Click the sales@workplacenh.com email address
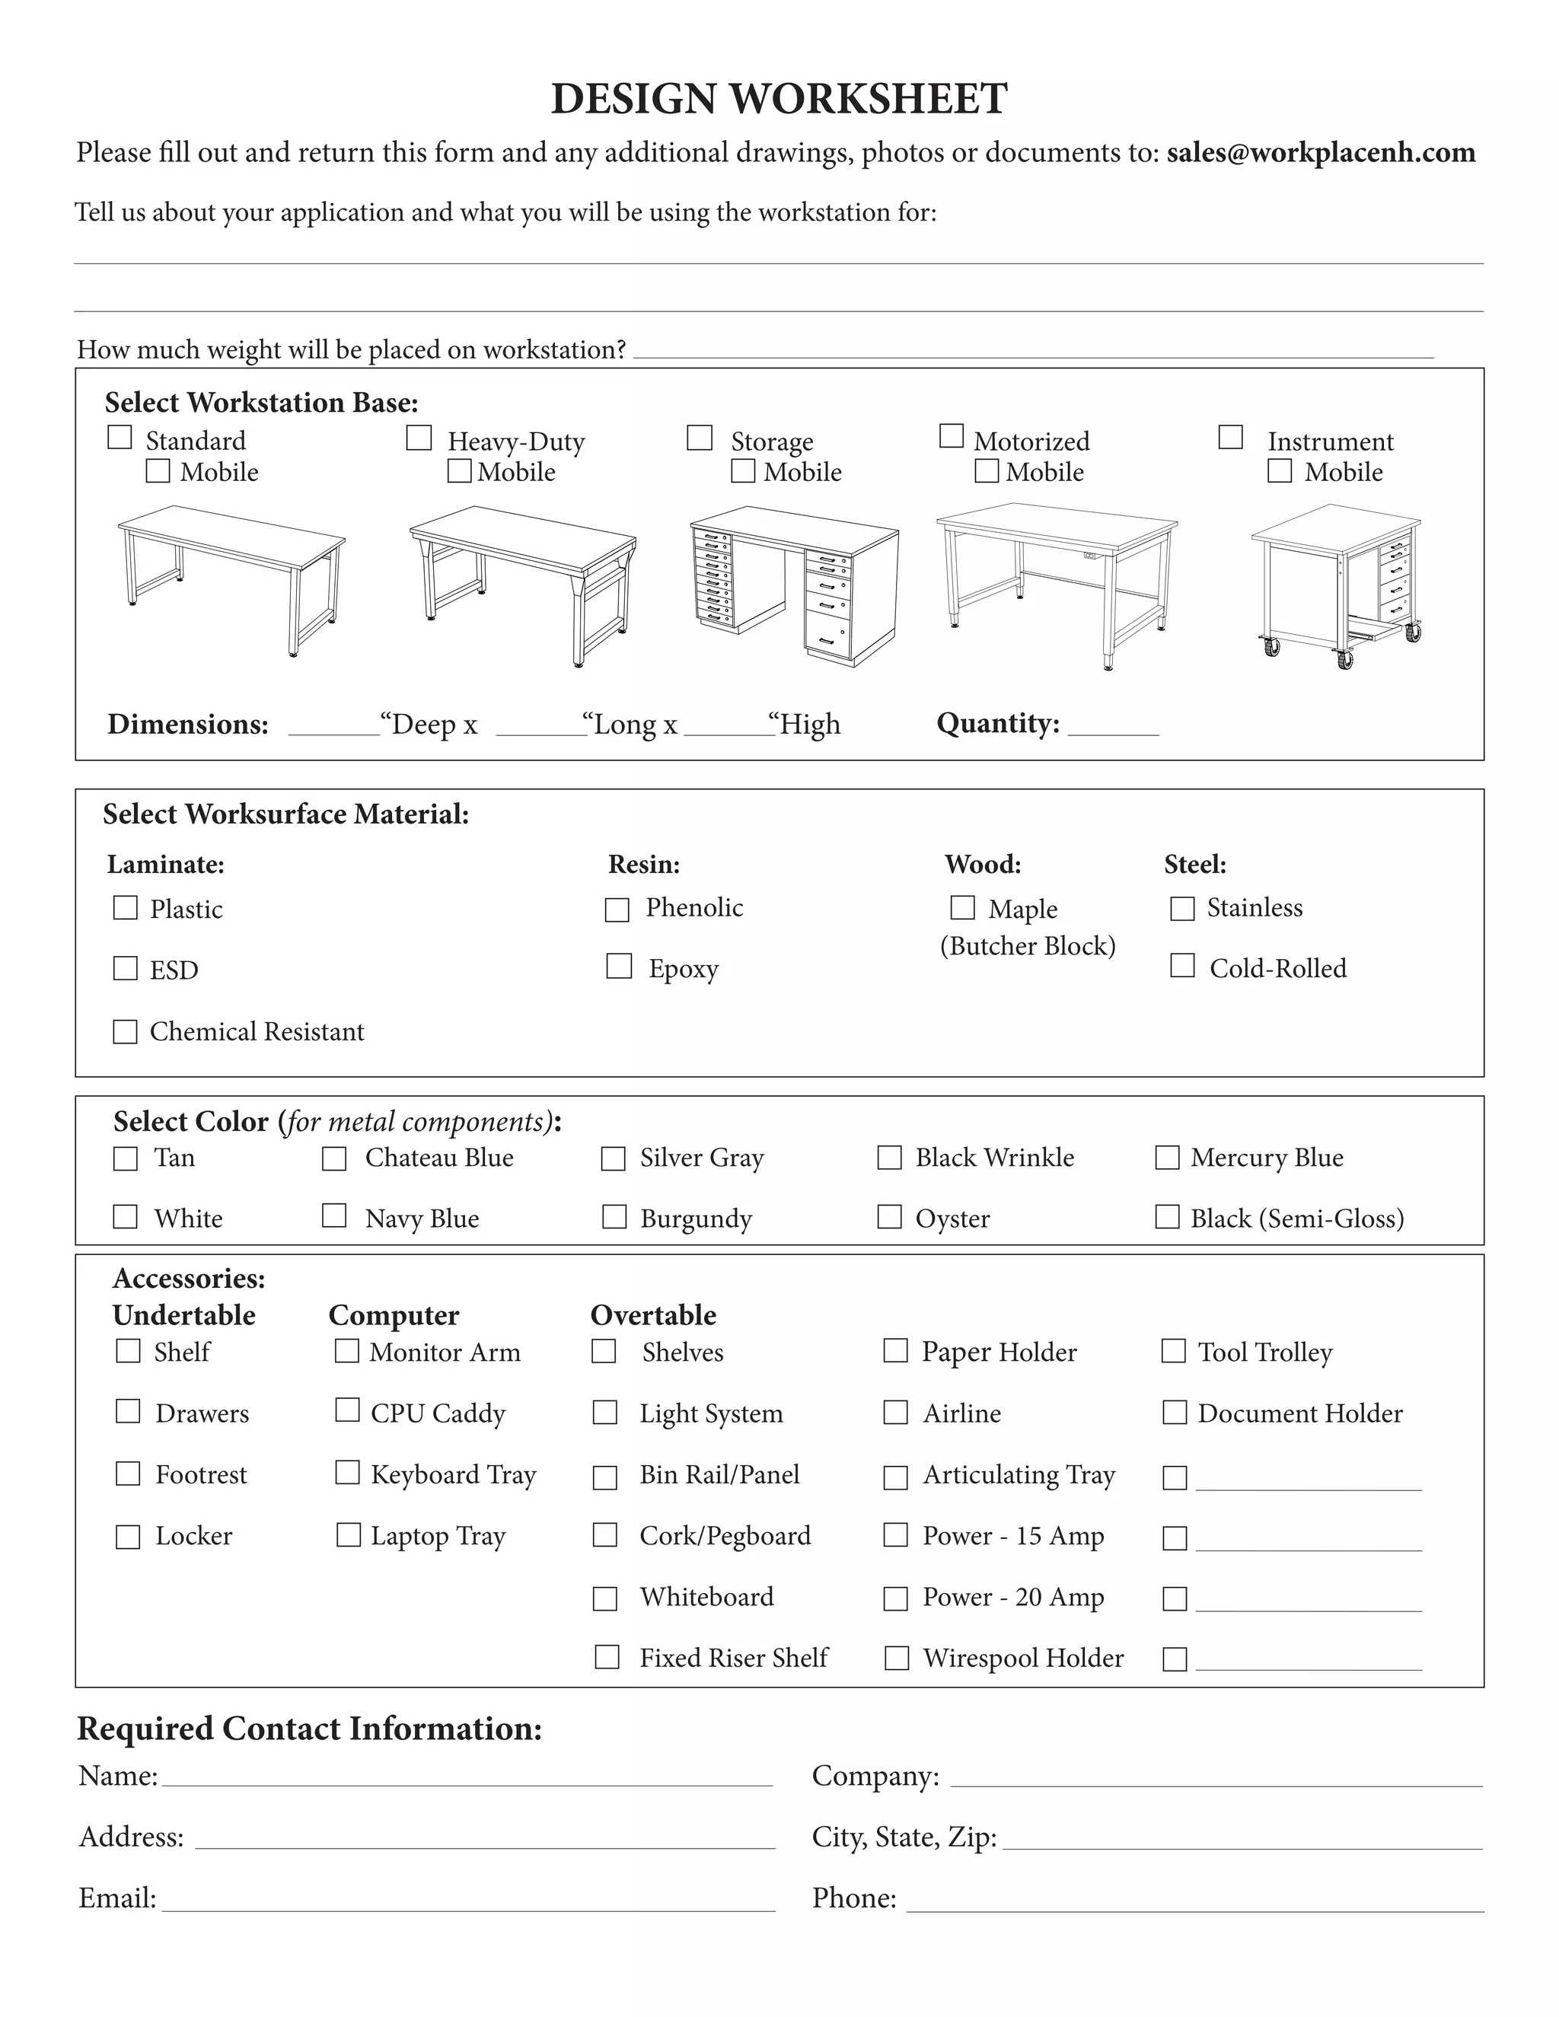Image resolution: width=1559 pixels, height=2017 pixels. click(1320, 152)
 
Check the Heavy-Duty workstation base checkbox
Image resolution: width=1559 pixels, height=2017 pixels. click(419, 438)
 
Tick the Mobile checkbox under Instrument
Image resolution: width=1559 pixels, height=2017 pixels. click(1279, 471)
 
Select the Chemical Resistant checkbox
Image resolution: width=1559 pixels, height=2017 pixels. click(125, 1031)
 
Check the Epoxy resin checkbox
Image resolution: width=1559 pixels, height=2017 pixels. click(619, 966)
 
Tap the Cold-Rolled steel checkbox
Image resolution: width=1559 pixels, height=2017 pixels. click(1182, 965)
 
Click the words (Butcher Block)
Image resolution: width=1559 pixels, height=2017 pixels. click(1027, 945)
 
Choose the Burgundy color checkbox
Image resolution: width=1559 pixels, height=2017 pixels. click(614, 1217)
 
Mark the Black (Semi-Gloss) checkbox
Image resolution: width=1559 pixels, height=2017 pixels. click(1168, 1217)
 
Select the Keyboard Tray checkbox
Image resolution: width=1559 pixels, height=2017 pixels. click(347, 1472)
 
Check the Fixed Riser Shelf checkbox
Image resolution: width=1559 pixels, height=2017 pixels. click(607, 1657)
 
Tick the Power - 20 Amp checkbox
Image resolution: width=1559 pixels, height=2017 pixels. click(896, 1598)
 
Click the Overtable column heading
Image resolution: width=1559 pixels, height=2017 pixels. click(653, 1315)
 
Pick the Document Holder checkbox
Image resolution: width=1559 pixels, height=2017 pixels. click(1174, 1412)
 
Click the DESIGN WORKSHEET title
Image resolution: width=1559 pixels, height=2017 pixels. click(779, 99)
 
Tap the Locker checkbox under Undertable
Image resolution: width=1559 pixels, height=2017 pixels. click(127, 1537)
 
